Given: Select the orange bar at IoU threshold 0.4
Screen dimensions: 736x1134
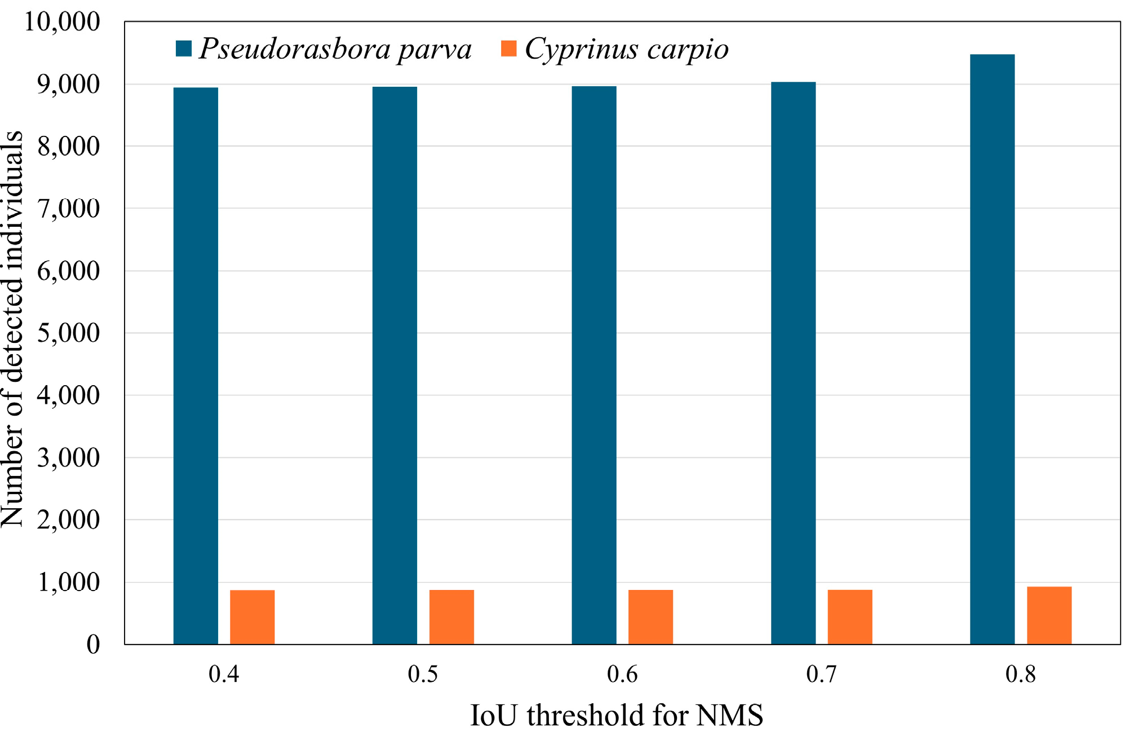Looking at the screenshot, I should [252, 617].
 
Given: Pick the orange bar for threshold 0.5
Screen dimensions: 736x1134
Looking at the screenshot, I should [451, 617].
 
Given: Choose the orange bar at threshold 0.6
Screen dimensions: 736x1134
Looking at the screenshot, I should [650, 617].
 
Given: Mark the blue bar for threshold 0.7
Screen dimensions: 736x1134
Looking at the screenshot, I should [793, 363].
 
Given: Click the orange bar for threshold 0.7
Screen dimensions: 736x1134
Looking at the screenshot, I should [850, 617].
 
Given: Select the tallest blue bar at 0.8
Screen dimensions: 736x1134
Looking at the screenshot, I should [992, 349].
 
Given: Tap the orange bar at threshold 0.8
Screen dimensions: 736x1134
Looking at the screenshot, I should [1049, 615].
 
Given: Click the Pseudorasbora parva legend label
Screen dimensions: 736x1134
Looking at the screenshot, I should [335, 49].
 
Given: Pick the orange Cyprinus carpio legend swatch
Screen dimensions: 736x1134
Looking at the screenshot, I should [509, 49].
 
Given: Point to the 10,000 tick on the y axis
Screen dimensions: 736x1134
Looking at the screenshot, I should [62, 22].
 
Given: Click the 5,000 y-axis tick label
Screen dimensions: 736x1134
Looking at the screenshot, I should [68, 333].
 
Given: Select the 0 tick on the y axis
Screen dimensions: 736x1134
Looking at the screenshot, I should [93, 644].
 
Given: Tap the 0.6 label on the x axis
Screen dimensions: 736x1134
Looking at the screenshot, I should [622, 675].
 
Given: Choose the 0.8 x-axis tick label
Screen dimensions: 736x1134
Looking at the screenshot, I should [1021, 675].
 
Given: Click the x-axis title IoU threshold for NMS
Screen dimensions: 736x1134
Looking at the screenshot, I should [617, 715].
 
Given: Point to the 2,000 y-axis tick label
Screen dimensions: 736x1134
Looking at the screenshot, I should [68, 520].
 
